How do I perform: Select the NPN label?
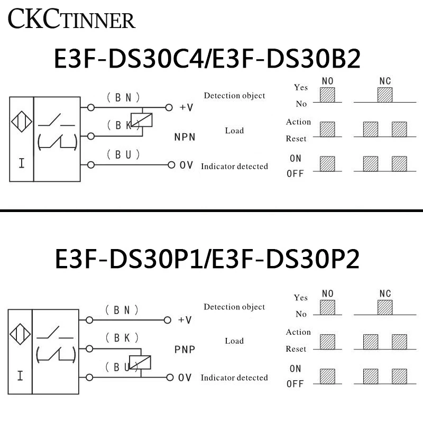[185, 137]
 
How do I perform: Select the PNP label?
[185, 350]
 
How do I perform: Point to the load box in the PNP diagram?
[143, 363]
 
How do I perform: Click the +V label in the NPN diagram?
[186, 107]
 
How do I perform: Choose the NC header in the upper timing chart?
[385, 81]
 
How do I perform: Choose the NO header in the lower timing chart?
[328, 293]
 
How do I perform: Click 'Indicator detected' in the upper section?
[234, 167]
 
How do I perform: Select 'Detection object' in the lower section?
[234, 307]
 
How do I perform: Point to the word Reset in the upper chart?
[296, 139]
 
